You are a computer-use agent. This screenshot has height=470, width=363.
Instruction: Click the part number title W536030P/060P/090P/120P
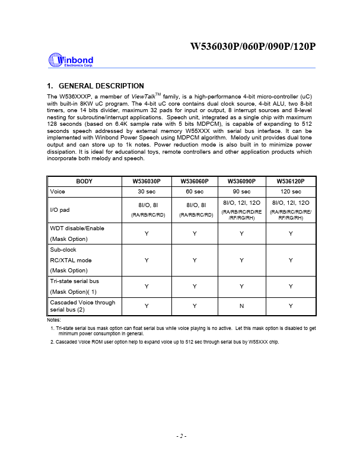pyautogui.click(x=253, y=47)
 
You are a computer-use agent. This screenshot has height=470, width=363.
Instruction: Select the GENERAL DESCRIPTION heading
pyautogui.click(x=95, y=86)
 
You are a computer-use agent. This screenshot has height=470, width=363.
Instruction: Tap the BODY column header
pyautogui.click(x=84, y=181)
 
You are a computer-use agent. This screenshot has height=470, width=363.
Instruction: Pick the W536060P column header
pyautogui.click(x=195, y=181)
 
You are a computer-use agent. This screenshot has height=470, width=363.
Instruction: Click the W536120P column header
pyautogui.click(x=291, y=181)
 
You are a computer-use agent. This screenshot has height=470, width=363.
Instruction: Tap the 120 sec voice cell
pyautogui.click(x=291, y=191)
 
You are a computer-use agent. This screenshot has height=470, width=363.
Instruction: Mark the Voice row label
pyautogui.click(x=58, y=191)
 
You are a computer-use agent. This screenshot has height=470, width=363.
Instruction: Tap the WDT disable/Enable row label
pyautogui.click(x=77, y=228)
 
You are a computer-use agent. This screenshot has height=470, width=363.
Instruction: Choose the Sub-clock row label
pyautogui.click(x=63, y=250)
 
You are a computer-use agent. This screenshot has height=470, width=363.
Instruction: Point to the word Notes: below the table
pyautogui.click(x=53, y=320)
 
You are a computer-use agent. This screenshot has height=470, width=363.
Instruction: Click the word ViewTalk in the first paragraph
pyautogui.click(x=143, y=96)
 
